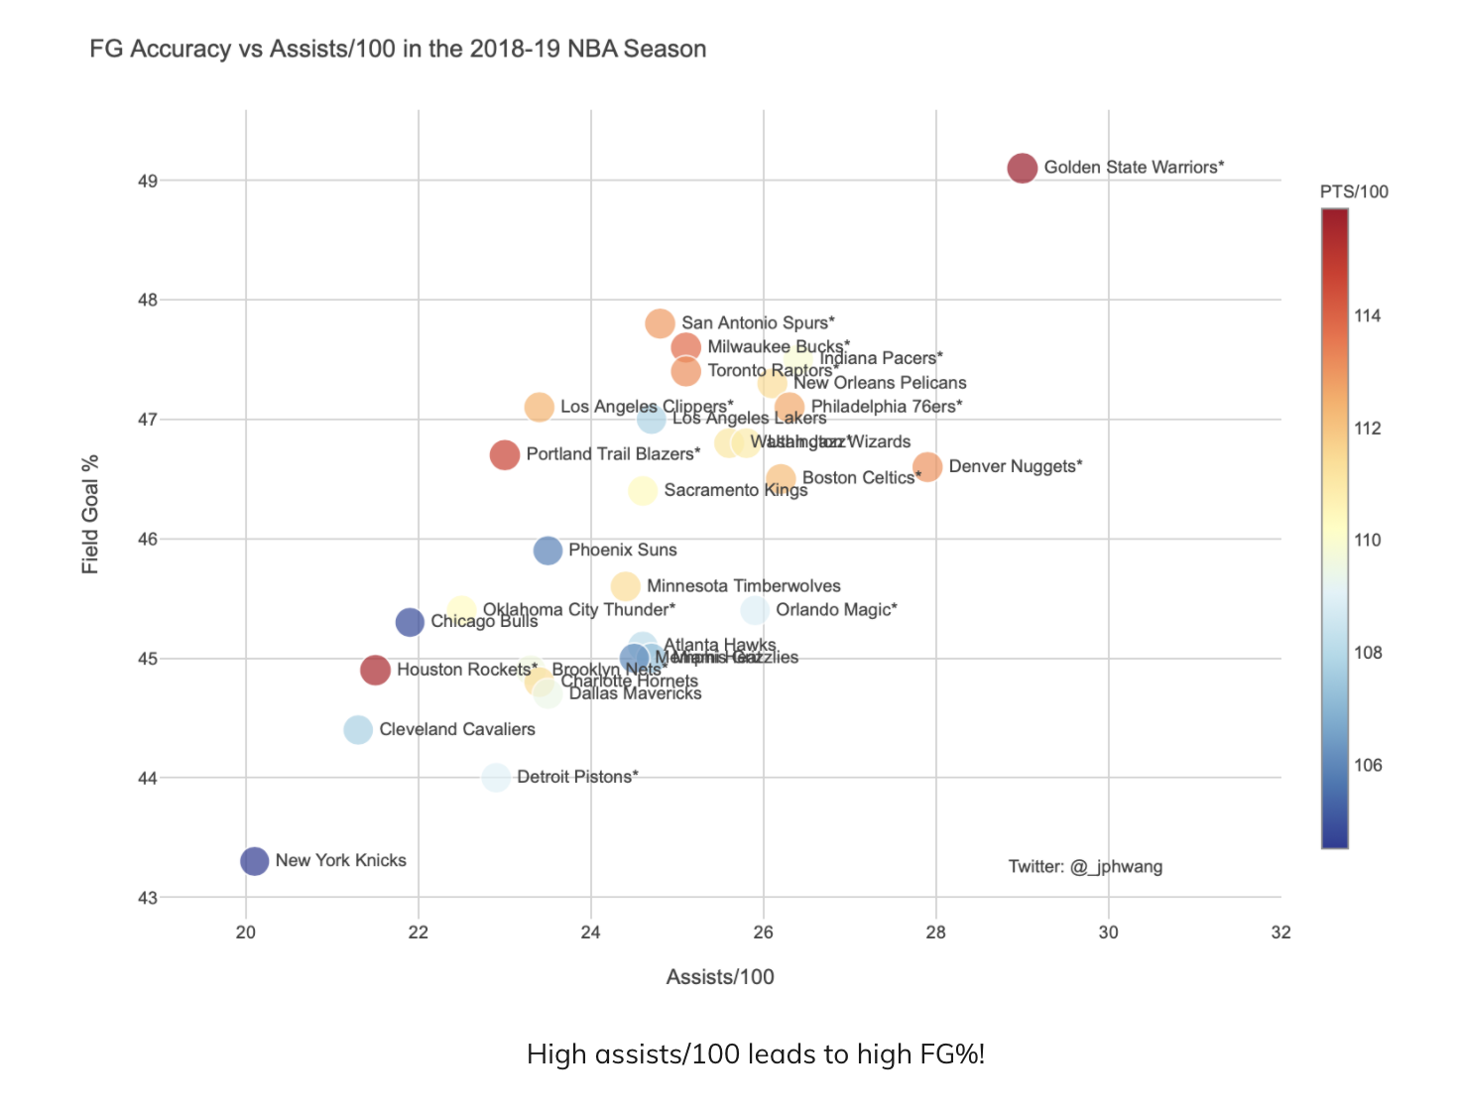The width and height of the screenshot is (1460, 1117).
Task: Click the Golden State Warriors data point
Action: [1022, 169]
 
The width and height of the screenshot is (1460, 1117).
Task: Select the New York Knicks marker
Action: [254, 861]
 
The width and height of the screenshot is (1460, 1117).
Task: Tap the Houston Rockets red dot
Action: [375, 671]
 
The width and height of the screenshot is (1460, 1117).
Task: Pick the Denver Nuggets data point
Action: [927, 466]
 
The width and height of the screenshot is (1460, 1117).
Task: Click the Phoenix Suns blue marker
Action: [547, 551]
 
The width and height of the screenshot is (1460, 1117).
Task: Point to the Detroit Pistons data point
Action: [496, 778]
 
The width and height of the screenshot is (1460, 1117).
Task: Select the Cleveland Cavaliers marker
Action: [358, 730]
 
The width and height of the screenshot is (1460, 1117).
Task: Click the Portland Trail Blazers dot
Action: [505, 455]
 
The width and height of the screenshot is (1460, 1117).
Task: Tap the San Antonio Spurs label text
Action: [758, 323]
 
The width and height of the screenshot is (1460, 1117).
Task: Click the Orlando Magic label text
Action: [836, 610]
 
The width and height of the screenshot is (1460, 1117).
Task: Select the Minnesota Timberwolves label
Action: [743, 586]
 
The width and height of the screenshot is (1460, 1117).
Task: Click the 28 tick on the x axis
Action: [935, 932]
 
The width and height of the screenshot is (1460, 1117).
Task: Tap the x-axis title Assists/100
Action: [720, 977]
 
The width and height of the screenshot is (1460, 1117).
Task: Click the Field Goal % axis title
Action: [90, 514]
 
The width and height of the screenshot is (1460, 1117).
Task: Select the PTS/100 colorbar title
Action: [1354, 191]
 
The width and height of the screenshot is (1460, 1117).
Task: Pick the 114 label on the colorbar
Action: [1368, 316]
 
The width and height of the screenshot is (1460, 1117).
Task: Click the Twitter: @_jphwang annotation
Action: [1085, 867]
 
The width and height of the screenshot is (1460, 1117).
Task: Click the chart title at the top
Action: [398, 49]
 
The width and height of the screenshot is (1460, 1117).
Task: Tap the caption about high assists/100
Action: [756, 1054]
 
